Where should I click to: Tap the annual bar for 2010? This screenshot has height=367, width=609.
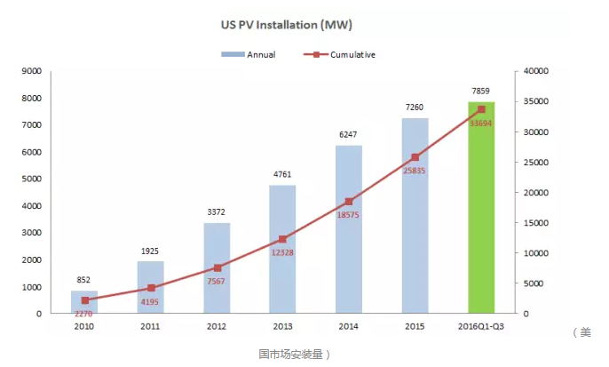coord(84,302)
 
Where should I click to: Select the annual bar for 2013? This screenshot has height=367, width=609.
coord(283,249)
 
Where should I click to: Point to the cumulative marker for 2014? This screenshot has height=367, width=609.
coord(349,202)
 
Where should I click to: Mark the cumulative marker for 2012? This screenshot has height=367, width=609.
coord(217,267)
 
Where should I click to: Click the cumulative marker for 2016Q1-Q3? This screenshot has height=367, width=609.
coord(481,109)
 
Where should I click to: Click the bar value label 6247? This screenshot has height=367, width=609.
coord(349,134)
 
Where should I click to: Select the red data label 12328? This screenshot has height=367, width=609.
coord(283,255)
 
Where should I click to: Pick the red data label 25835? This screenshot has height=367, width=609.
coord(415,171)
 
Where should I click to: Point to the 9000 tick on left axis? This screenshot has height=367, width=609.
coord(31,70)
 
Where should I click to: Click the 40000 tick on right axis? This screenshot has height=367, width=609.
coord(538,70)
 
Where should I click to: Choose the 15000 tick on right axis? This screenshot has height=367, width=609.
coord(538,222)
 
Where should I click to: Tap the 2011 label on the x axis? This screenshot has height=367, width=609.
coord(151,327)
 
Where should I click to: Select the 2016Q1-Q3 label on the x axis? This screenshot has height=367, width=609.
coord(481,327)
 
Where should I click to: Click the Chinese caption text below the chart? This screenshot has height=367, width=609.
coord(294,354)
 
